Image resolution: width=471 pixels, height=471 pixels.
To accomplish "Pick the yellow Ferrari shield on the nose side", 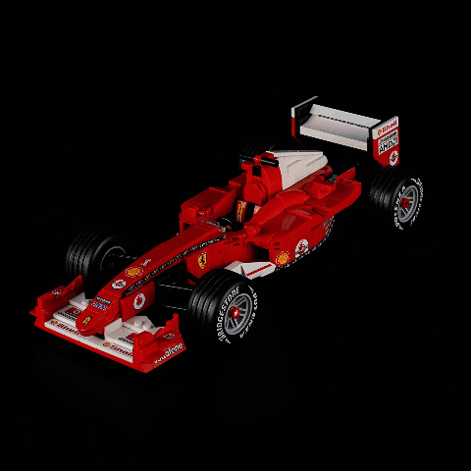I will [201, 258].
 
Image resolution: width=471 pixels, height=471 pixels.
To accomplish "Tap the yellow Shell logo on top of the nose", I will [133, 272].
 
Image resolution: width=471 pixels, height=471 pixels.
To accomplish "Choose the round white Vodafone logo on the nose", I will [139, 298].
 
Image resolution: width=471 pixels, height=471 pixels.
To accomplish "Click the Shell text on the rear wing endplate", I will [389, 127].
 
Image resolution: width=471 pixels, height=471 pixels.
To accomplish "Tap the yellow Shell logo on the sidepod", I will [283, 258].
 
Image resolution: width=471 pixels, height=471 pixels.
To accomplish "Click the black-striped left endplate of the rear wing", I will [302, 116].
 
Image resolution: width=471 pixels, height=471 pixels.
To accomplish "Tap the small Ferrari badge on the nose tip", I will [86, 320].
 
